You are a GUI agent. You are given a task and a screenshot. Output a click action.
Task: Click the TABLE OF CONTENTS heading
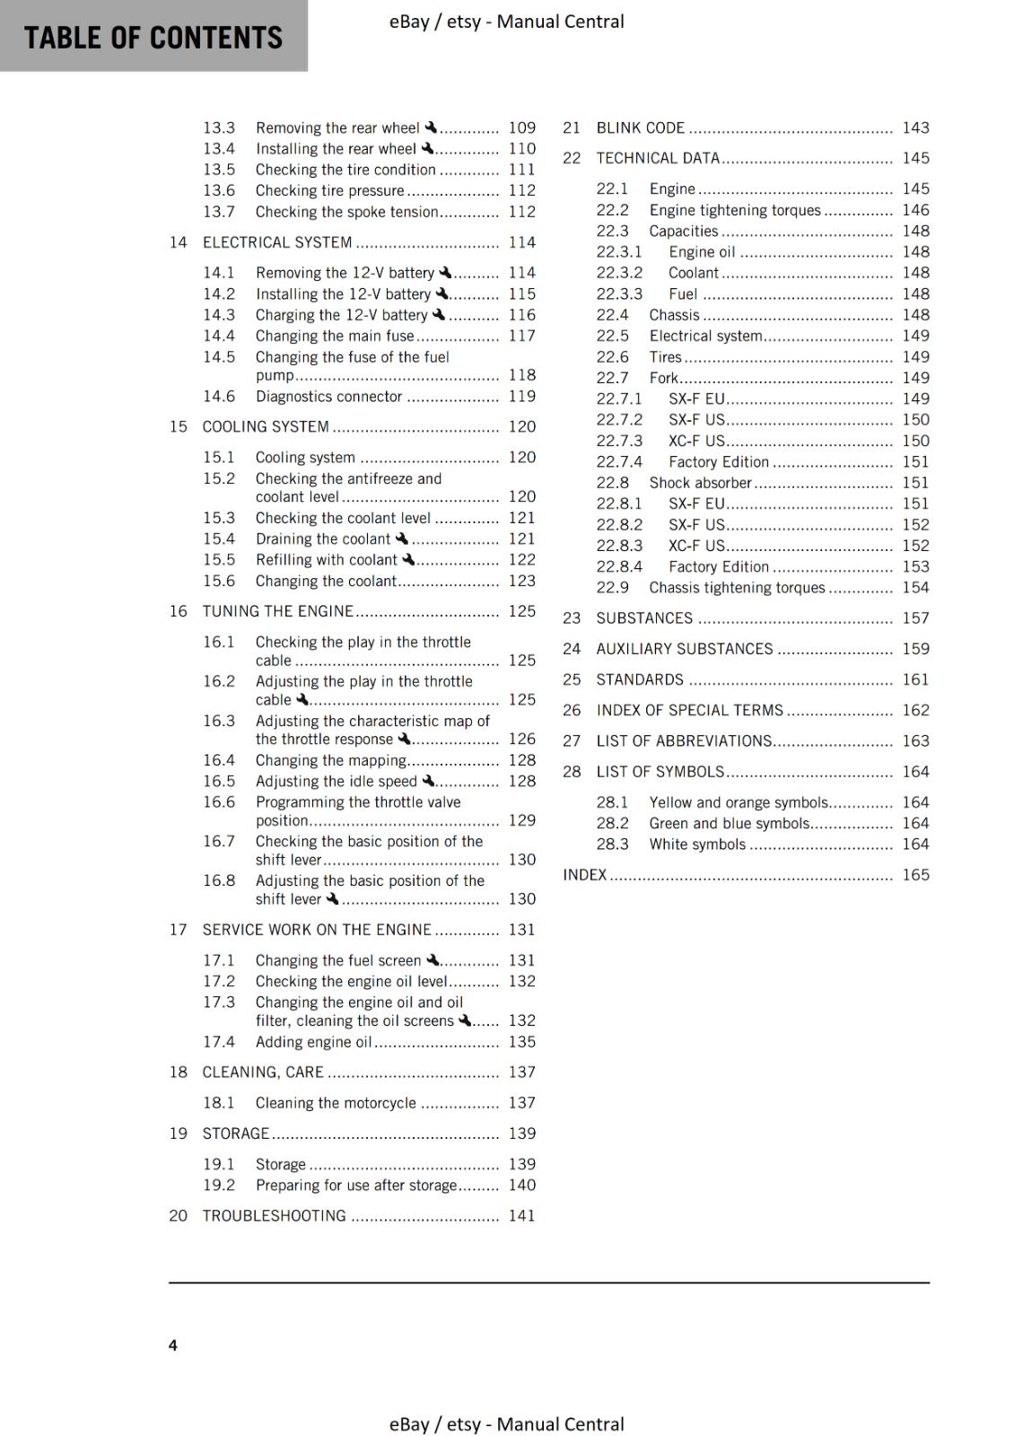153,38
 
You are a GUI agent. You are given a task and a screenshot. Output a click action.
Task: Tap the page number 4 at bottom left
172,1344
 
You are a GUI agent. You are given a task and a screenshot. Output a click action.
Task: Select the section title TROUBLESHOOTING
274,1215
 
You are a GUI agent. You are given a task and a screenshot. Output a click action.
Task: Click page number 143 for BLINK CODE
915,127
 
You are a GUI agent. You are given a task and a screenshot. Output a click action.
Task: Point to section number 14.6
218,396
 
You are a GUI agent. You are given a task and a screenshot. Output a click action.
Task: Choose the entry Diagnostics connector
328,396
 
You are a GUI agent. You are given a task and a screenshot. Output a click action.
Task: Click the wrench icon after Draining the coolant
401,538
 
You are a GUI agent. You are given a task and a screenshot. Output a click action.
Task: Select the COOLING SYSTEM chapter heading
266,426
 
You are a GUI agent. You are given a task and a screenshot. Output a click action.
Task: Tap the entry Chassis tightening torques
737,587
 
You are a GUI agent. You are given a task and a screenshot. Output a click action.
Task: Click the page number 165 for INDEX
915,874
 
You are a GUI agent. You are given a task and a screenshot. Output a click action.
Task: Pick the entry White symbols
697,844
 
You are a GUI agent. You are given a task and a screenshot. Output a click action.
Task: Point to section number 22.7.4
619,461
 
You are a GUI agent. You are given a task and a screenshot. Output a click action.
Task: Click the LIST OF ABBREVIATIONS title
684,740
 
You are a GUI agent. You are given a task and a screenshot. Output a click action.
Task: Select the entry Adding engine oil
313,1042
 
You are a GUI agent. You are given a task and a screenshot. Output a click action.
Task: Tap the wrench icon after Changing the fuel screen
433,959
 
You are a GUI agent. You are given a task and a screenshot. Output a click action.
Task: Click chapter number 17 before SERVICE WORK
178,930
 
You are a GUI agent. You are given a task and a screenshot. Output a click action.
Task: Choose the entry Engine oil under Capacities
702,252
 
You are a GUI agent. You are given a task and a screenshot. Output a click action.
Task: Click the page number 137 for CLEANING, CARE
521,1073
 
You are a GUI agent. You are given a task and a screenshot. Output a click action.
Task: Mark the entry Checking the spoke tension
346,212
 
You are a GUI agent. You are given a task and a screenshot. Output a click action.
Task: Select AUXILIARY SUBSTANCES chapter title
684,649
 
